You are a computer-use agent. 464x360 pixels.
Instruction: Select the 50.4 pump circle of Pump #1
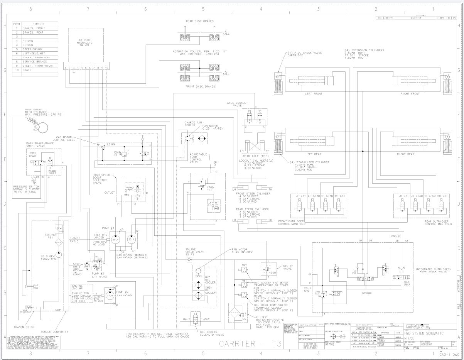(115, 240)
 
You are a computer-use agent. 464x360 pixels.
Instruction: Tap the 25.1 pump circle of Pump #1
(132, 240)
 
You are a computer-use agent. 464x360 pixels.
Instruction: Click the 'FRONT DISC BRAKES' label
(201, 86)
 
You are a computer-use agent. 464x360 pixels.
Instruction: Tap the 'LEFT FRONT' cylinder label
(314, 94)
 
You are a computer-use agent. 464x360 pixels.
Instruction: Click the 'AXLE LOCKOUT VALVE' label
(236, 103)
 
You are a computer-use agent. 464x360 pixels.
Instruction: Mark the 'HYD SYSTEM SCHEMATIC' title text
(424, 333)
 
